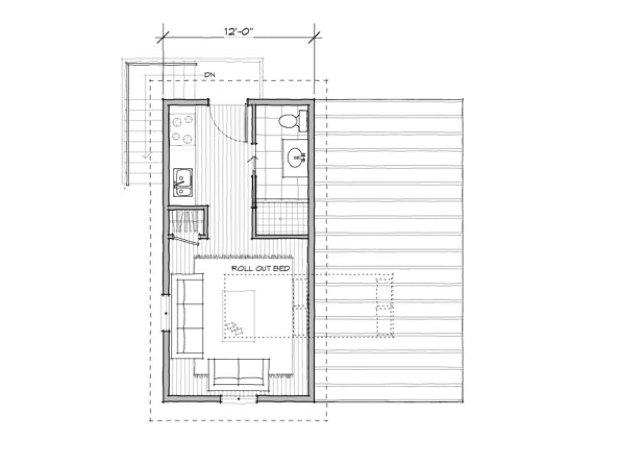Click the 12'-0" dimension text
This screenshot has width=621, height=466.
[238, 31]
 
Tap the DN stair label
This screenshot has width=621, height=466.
[210, 75]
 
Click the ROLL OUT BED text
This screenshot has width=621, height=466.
[261, 268]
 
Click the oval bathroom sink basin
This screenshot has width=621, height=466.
[295, 157]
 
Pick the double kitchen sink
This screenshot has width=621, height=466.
[183, 182]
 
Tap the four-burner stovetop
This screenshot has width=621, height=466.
[183, 129]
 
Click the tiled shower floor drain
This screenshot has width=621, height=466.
[280, 219]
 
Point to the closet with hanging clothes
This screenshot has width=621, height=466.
[187, 221]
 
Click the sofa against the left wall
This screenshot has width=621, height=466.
[187, 316]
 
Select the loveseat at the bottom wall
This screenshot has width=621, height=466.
[239, 374]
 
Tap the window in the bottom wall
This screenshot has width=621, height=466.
[239, 399]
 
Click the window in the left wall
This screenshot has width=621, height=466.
[166, 313]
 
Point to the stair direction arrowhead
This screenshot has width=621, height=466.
[146, 155]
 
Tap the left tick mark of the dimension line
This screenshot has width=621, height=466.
[162, 37]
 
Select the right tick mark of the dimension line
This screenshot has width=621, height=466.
[314, 37]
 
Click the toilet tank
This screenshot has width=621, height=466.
[303, 121]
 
